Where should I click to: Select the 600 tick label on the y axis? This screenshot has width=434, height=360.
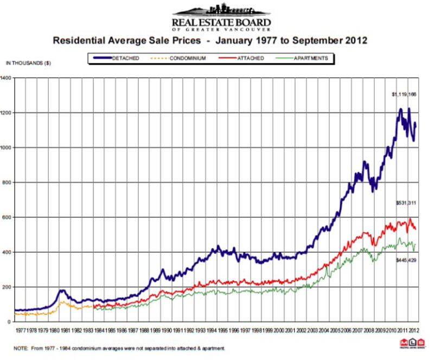7,217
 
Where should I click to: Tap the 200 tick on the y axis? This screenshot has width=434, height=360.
7,287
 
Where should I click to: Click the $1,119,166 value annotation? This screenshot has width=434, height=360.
404,94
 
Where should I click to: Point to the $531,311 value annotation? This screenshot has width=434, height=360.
405,203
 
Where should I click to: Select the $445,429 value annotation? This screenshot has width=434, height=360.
405,260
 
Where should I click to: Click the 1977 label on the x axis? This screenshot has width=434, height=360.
20,330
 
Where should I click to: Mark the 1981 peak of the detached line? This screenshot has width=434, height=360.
62,290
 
